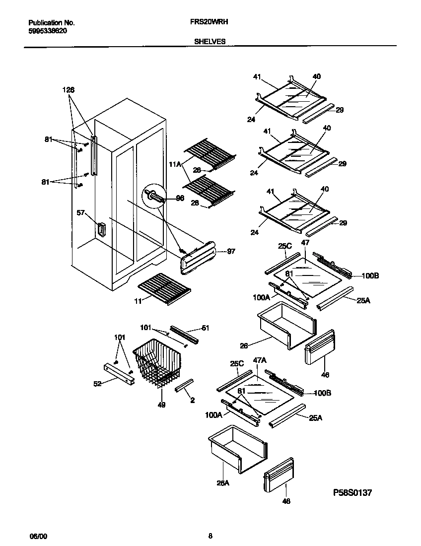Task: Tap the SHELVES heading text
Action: point(210,42)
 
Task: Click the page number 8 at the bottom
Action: point(210,536)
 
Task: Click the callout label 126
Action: point(69,90)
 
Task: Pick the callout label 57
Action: point(81,213)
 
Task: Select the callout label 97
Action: point(230,252)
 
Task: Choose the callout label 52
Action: point(97,383)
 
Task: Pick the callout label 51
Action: point(205,328)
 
